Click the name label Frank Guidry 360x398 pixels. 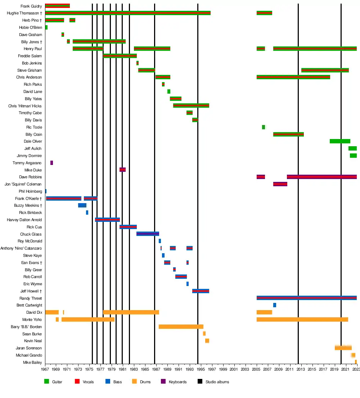(x=31, y=6)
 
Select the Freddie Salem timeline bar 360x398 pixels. (x=120, y=56)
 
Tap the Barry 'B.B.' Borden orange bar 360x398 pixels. (x=181, y=327)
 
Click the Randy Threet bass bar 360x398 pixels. (x=306, y=298)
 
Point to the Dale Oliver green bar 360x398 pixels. (x=340, y=141)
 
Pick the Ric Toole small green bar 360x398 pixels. (x=264, y=127)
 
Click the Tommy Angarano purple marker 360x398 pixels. (x=51, y=163)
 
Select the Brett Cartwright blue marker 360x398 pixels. (x=275, y=305)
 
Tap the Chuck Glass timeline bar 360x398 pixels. (x=148, y=234)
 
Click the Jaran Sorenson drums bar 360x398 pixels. (x=343, y=348)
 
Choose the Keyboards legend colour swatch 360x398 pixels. (x=162, y=381)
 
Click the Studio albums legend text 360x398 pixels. (x=217, y=382)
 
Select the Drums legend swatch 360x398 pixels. (x=135, y=381)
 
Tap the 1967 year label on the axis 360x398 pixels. (x=45, y=370)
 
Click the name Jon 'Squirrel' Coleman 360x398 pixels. (x=23, y=184)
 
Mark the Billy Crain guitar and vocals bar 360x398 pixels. (x=288, y=134)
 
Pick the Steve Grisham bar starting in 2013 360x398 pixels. (x=325, y=70)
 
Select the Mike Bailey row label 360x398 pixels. (x=32, y=362)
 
